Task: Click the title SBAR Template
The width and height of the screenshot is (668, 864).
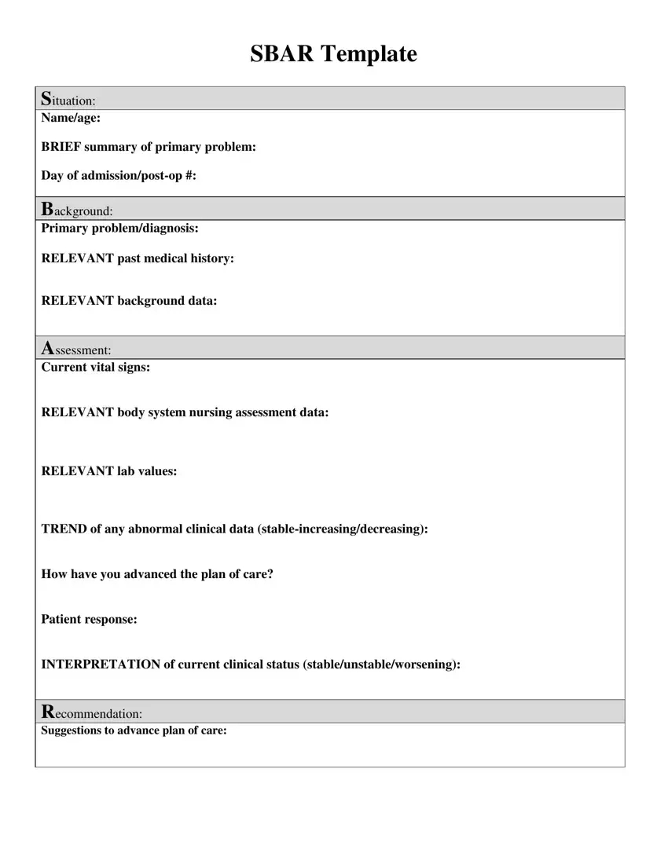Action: tap(333, 54)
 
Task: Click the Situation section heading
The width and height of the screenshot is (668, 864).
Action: tap(68, 100)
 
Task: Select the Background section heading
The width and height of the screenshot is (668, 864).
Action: tap(76, 210)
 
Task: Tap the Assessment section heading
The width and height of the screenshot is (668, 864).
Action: tap(75, 349)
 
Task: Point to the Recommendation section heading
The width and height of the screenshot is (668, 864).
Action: tap(91, 712)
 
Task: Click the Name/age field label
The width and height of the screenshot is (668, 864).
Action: tap(71, 118)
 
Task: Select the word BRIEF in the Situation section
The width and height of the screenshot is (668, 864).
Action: tap(61, 147)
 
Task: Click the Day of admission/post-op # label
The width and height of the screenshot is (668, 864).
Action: tap(119, 175)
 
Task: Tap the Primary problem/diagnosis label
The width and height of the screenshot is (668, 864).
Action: tap(119, 229)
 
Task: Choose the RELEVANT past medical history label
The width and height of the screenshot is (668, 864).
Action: tap(138, 258)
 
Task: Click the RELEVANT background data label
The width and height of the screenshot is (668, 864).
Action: tap(129, 301)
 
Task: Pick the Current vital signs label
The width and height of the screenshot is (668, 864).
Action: tap(95, 367)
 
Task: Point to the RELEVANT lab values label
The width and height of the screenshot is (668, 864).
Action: tap(108, 471)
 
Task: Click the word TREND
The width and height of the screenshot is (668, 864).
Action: tap(64, 529)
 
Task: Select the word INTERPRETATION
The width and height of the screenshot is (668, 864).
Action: tap(100, 664)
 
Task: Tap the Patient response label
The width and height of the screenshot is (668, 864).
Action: tap(89, 620)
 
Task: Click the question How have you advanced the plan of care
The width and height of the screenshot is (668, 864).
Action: tap(157, 574)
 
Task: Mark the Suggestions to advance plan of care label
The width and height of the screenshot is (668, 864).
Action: tap(134, 730)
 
